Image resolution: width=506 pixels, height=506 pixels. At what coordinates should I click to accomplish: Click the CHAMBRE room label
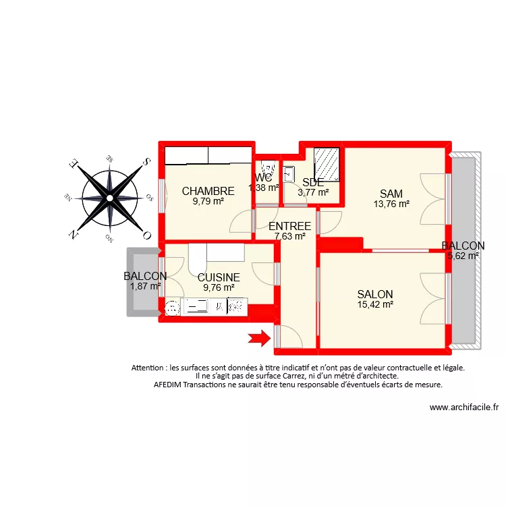pos(208,191)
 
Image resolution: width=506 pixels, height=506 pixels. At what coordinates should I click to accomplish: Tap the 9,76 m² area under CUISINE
pos(219,287)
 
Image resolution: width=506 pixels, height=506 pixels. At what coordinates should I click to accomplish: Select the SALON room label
pos(375,294)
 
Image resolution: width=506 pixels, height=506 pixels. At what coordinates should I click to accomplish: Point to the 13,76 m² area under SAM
pos(391,203)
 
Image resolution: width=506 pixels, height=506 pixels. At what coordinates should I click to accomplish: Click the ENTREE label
pos(289,226)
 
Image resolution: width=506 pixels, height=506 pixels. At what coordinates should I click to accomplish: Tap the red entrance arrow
pos(258,339)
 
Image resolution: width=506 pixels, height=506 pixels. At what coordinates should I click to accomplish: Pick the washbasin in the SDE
pos(289,173)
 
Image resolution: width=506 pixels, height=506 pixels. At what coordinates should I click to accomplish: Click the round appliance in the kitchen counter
pos(172,308)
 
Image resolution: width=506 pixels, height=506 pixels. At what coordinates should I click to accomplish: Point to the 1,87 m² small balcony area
pos(145,286)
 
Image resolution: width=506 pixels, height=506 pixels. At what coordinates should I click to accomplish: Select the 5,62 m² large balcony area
pos(463,256)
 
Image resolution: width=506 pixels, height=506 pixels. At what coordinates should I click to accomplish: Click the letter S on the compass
pos(144,163)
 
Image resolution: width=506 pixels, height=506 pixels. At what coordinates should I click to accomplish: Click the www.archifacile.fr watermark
pos(463,407)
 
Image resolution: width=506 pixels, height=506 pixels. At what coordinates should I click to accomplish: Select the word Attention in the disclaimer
pos(152,368)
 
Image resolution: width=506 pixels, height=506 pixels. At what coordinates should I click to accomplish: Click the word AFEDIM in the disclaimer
pos(170,385)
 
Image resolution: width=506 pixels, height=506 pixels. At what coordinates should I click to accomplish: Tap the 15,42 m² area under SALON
pos(375,305)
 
